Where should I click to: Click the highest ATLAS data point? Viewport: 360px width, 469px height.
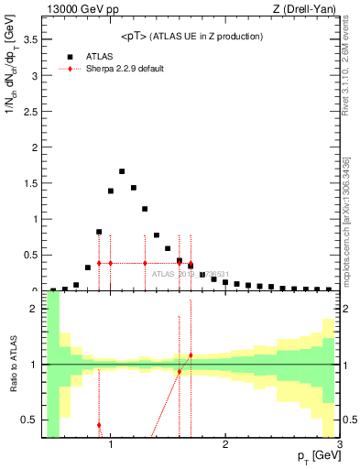[122, 171]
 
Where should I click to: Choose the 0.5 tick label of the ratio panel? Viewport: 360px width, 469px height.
[31, 420]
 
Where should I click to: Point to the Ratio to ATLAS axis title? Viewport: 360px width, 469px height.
[12, 366]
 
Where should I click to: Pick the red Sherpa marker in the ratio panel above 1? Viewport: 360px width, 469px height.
[191, 355]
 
